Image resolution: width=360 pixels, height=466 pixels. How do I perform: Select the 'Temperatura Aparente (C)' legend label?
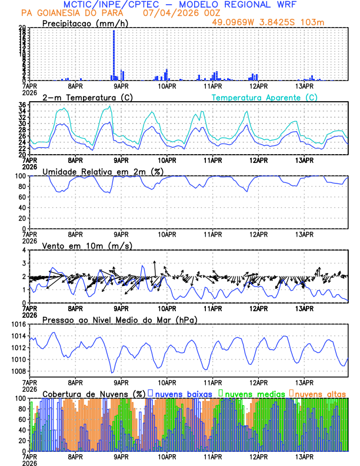(x=264, y=97)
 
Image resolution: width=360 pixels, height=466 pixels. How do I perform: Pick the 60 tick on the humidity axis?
(x=22, y=197)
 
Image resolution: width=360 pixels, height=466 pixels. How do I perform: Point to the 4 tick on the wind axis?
(x=24, y=251)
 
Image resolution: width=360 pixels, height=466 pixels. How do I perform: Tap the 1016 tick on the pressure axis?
(x=18, y=325)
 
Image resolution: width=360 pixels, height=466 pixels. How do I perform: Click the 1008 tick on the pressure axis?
(x=18, y=371)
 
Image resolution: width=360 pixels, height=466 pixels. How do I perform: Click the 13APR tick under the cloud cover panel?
(x=304, y=456)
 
